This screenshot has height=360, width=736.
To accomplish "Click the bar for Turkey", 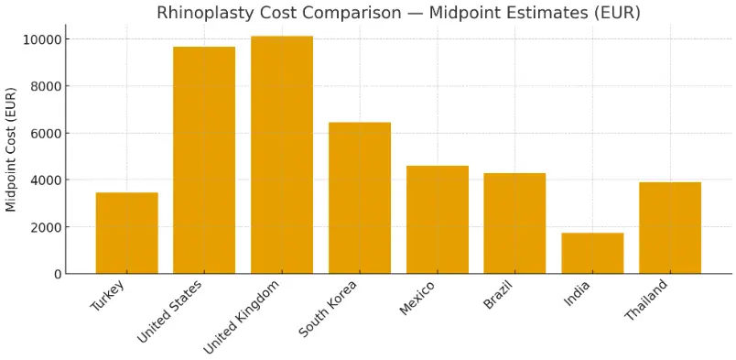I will (126, 233).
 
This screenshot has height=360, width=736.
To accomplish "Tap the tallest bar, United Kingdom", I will (282, 155).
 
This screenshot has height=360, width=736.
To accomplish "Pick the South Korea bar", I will (360, 198).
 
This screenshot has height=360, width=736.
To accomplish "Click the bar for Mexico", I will (438, 220).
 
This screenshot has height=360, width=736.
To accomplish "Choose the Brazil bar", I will (514, 224).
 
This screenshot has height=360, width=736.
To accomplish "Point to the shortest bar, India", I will (592, 253).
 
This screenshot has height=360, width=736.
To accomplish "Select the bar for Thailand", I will (670, 228).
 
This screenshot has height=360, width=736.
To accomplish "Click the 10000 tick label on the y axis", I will (43, 39).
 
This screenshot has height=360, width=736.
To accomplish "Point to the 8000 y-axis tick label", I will (47, 86).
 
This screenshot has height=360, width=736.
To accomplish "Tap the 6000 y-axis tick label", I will (47, 133).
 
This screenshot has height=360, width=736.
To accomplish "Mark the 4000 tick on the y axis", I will (47, 180).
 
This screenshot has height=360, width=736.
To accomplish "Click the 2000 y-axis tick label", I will (47, 227).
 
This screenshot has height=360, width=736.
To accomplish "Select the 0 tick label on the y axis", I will (59, 274).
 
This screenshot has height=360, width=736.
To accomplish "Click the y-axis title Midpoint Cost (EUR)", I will (12, 149).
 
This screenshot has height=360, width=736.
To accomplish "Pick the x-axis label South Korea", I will (329, 310).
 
